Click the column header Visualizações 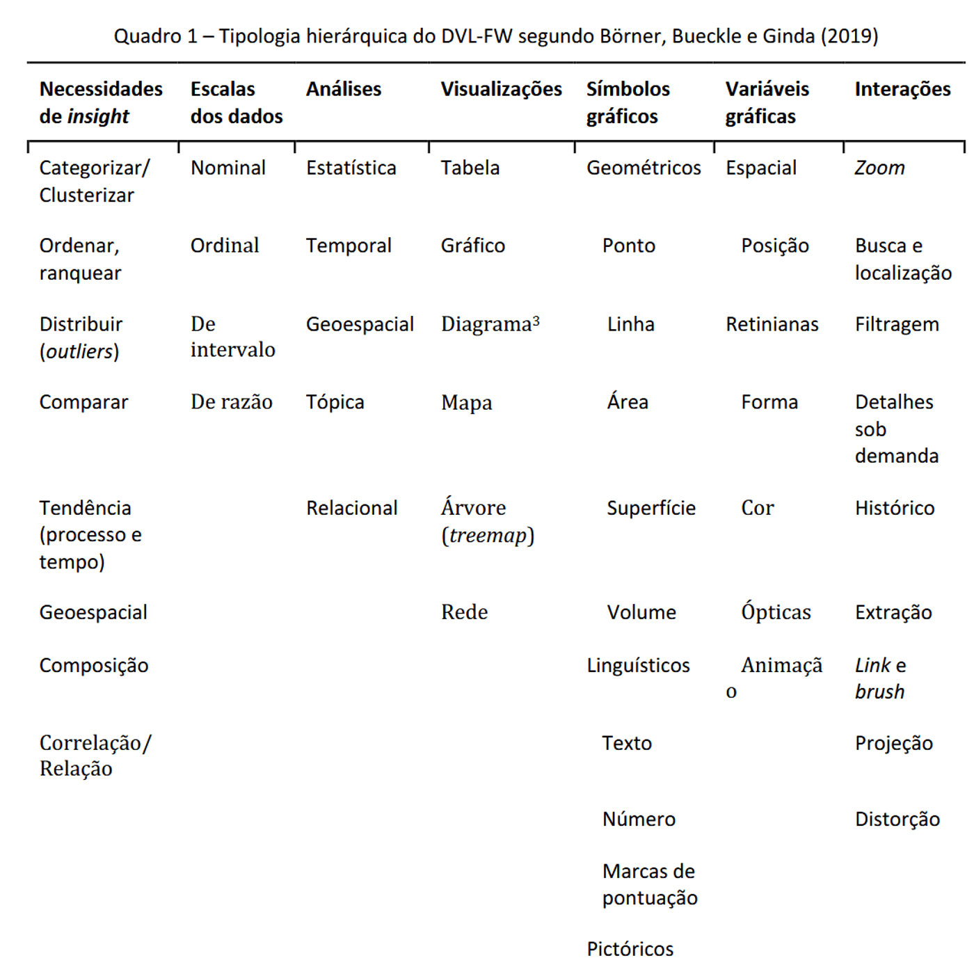click(x=501, y=89)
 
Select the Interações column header click(x=902, y=89)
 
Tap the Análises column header click(x=344, y=89)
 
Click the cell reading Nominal click(x=228, y=168)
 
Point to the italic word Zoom click(x=879, y=168)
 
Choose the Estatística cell click(x=351, y=168)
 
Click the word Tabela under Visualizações click(x=470, y=168)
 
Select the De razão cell click(x=232, y=402)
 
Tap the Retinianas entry click(x=772, y=324)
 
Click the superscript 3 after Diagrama click(x=536, y=321)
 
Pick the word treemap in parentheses click(x=488, y=535)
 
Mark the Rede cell click(x=465, y=612)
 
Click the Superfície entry click(x=651, y=508)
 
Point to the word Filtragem click(x=897, y=324)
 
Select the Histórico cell click(x=895, y=508)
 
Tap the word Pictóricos click(x=630, y=949)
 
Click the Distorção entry click(x=897, y=819)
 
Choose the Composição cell click(x=94, y=665)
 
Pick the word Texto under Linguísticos click(x=627, y=743)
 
